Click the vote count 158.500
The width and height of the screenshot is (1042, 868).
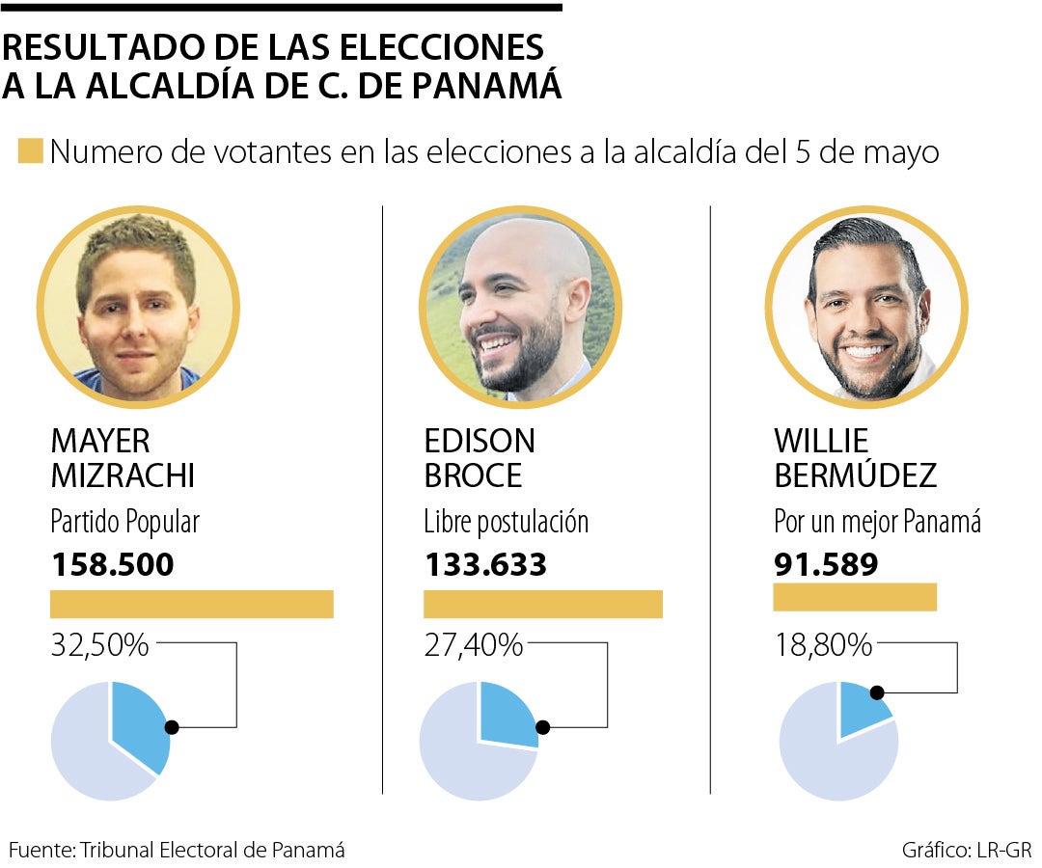112,564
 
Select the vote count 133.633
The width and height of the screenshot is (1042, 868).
485,564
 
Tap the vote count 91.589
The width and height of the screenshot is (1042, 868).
826,564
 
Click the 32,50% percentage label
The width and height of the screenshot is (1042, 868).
99,645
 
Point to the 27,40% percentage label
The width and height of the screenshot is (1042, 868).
473,645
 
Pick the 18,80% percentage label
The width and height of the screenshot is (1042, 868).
823,645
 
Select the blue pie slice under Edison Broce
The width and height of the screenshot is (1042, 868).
507,714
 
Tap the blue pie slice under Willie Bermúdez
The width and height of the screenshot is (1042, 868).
861,707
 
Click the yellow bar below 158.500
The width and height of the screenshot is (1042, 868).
191,604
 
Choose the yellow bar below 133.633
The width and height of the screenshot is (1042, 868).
543,604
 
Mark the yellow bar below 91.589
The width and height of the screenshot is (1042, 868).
855,597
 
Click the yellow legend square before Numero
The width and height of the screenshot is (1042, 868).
30,152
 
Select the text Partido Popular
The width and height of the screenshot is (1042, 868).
124,523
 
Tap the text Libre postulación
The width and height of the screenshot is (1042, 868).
506,523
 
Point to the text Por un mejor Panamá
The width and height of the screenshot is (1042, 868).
877,523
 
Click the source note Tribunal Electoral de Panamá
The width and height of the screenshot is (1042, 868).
212,850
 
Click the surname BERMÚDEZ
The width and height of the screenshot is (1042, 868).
855,475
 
